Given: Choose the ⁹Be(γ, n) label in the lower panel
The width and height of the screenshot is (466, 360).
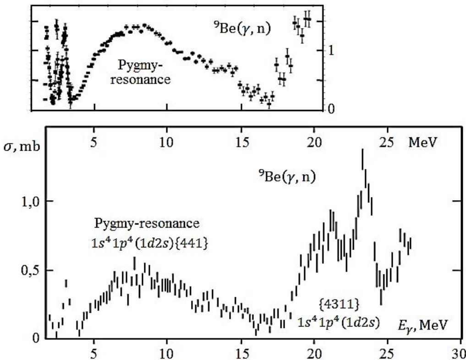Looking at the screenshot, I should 287,176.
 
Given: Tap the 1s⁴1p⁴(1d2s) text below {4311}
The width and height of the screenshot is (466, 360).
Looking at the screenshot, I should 338,322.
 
